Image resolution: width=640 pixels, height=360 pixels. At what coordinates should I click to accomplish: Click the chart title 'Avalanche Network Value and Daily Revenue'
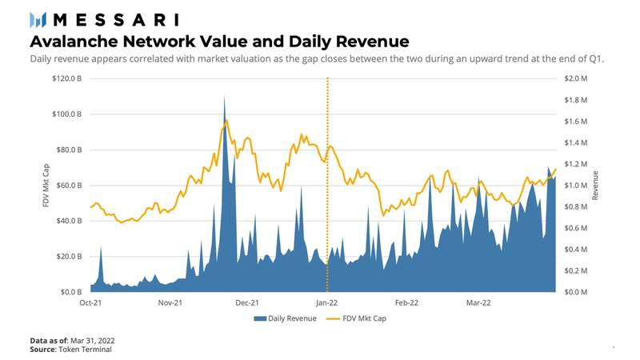click(x=220, y=40)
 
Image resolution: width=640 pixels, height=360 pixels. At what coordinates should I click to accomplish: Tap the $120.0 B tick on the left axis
click(x=66, y=79)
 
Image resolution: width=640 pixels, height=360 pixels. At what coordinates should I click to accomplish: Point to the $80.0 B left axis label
click(x=67, y=150)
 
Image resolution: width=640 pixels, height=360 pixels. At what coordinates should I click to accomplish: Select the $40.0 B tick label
click(x=67, y=221)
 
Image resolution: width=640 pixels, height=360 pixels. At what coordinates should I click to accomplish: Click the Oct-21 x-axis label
click(x=90, y=303)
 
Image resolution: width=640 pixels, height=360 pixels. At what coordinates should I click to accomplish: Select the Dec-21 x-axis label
click(x=247, y=303)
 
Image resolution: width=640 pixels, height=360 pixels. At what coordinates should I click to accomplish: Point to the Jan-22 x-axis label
click(x=326, y=303)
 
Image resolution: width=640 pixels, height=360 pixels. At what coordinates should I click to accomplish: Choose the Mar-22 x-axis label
click(x=478, y=303)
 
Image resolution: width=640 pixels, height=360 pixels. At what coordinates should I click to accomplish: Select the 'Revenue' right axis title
click(x=594, y=186)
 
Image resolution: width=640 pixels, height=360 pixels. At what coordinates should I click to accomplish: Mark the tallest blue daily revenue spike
click(x=224, y=100)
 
